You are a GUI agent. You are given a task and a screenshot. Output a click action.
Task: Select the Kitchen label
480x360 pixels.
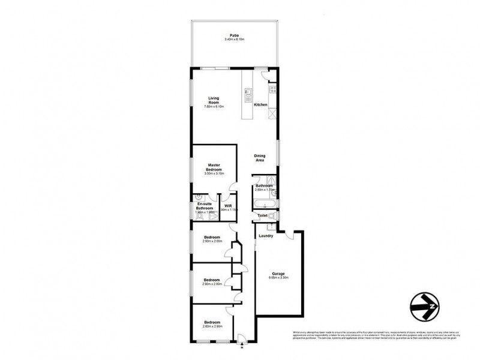point(260,105)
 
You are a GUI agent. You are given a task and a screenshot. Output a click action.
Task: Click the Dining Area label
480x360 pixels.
point(260,158)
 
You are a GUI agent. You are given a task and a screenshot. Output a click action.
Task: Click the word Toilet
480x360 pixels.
point(262,215)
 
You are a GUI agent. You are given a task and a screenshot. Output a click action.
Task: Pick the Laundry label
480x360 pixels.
point(266,236)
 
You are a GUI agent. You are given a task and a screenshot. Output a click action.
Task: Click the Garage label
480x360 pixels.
point(278,274)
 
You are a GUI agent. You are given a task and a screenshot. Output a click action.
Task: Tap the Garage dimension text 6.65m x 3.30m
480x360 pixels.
point(278,278)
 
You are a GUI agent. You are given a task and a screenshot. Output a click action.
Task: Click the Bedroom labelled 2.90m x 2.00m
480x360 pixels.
point(212,239)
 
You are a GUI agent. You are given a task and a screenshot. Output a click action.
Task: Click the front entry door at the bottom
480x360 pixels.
point(240,338)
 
